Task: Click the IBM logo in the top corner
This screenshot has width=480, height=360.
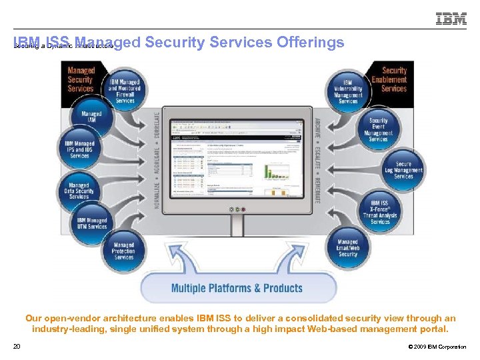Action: [451, 19]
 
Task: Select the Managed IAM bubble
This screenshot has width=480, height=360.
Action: [91, 118]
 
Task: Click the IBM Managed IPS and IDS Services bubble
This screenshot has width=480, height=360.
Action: [80, 150]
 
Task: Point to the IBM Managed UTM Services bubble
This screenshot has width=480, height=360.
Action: [92, 224]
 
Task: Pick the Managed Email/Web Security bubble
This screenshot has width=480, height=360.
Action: [347, 249]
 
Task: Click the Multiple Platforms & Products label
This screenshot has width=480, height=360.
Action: [237, 288]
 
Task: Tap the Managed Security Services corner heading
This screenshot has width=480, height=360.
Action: [81, 79]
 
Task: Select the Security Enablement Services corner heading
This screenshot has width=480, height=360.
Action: [393, 79]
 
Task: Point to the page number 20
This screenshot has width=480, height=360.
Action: [17, 346]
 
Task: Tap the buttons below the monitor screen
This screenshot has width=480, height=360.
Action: [237, 209]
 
